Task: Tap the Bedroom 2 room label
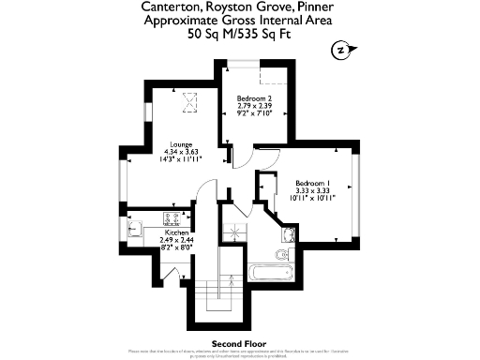point(253,98)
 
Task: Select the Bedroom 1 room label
point(314,182)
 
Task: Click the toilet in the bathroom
point(281,255)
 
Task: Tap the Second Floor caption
point(240,341)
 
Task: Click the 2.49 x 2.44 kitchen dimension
point(177,239)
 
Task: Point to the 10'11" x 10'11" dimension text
point(314,198)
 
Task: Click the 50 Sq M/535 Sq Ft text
point(241,35)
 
